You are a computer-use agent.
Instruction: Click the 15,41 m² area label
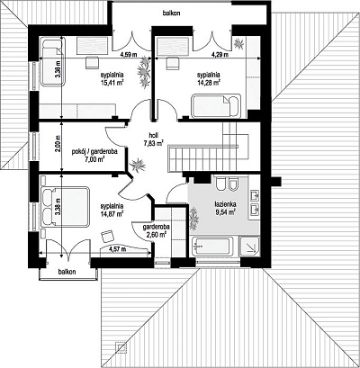coord(112,83)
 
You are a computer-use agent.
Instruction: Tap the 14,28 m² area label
coord(209,83)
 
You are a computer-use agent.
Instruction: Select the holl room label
coord(153,135)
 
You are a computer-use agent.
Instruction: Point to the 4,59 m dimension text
coord(129,55)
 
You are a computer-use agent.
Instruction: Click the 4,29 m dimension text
coord(220,55)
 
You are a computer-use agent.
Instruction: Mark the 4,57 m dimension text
coord(117,249)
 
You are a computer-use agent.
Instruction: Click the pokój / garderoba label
coord(94,151)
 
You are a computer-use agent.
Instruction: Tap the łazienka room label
coord(225,204)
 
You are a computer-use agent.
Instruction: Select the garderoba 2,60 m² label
coord(156,230)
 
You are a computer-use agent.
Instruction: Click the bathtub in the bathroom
coord(213,247)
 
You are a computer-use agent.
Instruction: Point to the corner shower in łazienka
coord(249,247)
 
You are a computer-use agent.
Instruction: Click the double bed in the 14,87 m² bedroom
coord(65,206)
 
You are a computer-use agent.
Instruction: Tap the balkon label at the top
coord(171,13)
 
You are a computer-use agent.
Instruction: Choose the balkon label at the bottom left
coord(67,272)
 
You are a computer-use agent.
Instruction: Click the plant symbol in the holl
coord(137,166)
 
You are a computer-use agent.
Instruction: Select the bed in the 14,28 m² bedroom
coord(216,106)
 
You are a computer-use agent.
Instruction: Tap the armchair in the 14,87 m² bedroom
coord(107,236)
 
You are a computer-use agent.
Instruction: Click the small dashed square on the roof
coord(121,347)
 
